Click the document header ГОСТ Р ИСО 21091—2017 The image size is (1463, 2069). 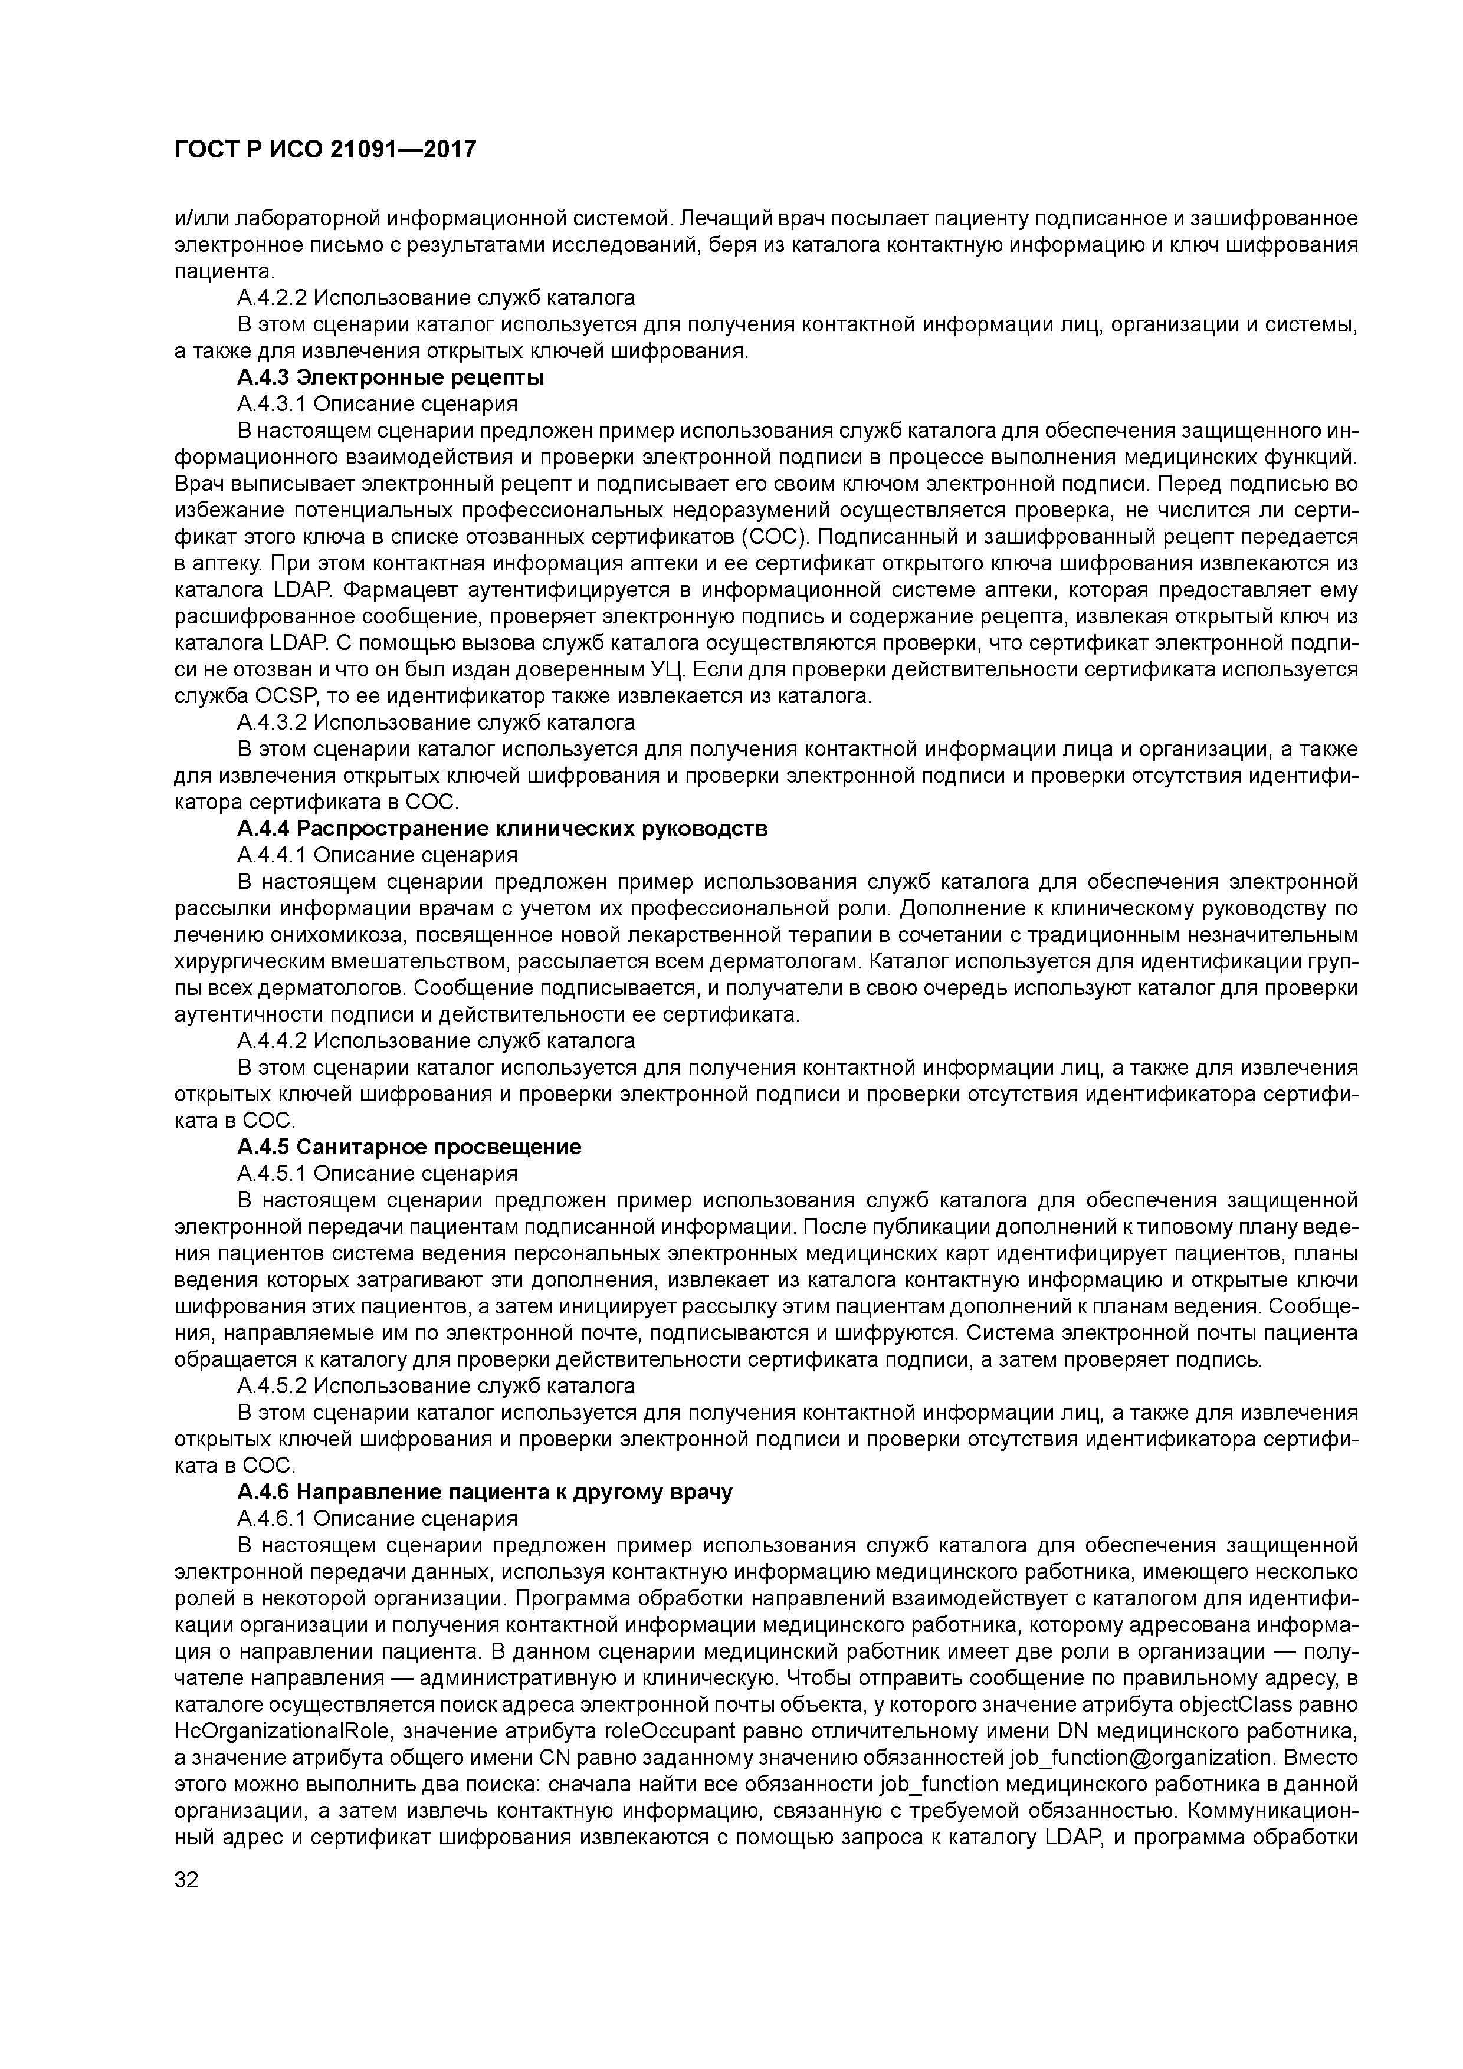324,150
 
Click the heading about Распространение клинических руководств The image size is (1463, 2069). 502,828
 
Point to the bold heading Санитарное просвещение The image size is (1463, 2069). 409,1147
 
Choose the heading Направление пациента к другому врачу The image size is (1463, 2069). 485,1492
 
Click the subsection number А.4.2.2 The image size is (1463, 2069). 271,297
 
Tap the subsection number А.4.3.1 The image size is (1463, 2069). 271,403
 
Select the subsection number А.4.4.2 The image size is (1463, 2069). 271,1041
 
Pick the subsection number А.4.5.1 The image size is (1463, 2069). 271,1173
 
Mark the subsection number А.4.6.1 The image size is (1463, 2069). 271,1518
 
